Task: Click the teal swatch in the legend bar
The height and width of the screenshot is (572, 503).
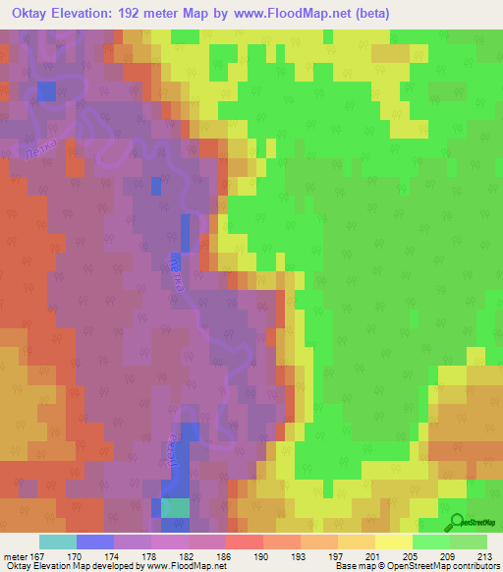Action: (58, 542)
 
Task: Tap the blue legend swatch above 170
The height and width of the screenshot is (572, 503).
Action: (95, 542)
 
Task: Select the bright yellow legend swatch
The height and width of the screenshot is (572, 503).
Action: (393, 542)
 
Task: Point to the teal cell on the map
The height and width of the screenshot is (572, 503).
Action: (176, 507)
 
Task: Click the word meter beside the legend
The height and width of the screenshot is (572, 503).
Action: (15, 556)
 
